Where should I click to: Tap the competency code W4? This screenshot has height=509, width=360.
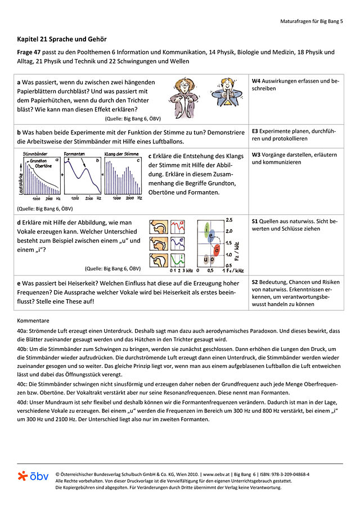(257, 81)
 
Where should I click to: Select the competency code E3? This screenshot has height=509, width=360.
(256, 131)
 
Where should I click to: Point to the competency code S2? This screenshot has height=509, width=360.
(256, 282)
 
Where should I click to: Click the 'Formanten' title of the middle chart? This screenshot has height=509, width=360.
(75, 154)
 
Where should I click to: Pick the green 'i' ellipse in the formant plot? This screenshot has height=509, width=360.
(208, 229)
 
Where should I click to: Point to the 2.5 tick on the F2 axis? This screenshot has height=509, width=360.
(229, 219)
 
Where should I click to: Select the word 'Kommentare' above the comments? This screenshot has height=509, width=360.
(34, 320)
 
